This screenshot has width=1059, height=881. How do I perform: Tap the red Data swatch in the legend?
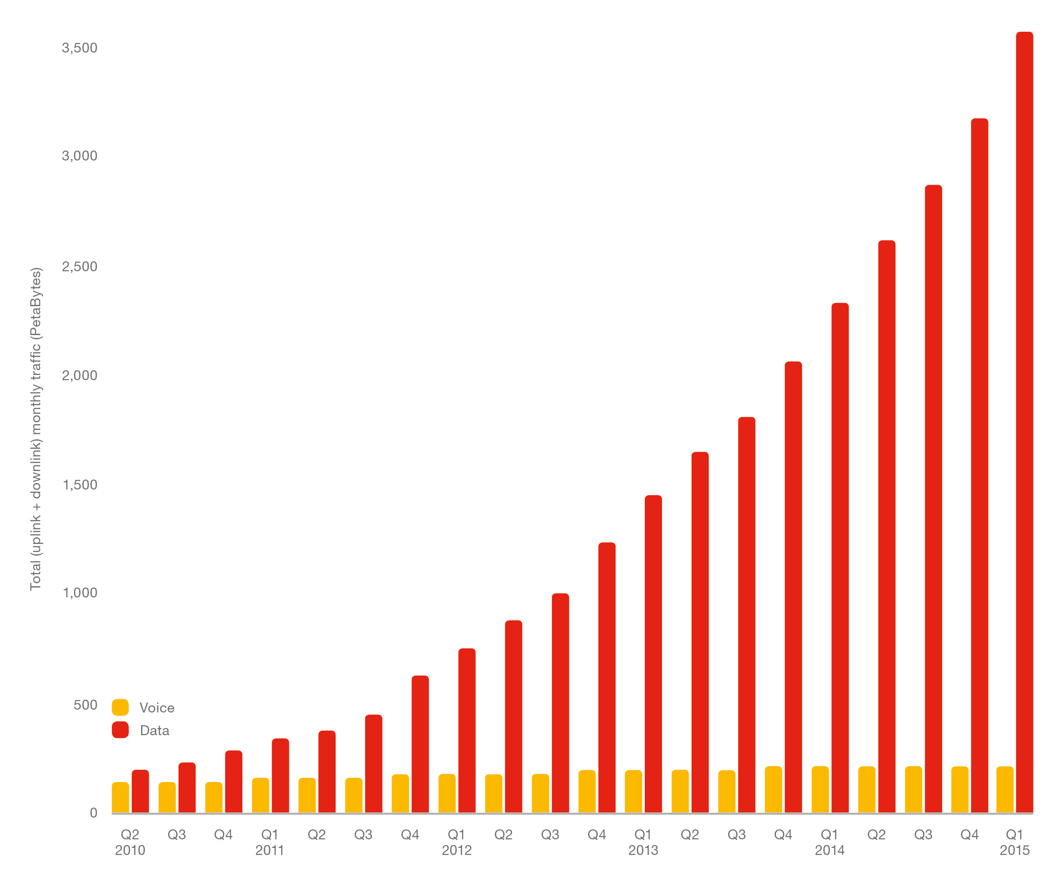click(x=120, y=730)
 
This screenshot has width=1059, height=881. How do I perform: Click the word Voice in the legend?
click(x=157, y=708)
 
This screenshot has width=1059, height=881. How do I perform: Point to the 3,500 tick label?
click(x=79, y=48)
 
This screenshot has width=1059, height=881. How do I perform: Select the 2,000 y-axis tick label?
click(x=79, y=375)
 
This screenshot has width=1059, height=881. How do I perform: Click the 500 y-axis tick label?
click(x=85, y=704)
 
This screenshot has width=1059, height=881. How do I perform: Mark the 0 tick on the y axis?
click(x=93, y=813)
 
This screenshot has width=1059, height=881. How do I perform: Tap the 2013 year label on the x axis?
click(x=643, y=850)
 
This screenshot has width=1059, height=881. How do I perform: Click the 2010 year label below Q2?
click(x=130, y=850)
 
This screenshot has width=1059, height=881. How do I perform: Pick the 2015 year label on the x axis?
click(x=1015, y=850)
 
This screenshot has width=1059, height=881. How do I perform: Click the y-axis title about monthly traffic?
click(x=36, y=428)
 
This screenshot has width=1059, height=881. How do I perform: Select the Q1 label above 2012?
click(x=456, y=835)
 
